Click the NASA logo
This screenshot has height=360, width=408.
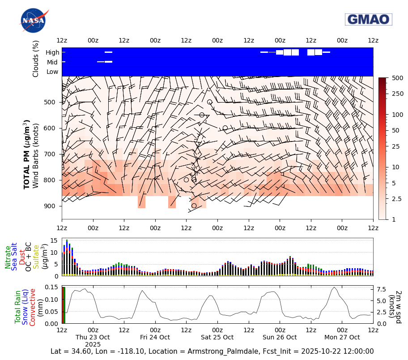(x=34, y=20)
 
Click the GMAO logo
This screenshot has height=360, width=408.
(x=368, y=19)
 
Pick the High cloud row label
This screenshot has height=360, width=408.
(x=52, y=52)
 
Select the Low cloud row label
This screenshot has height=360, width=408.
(x=52, y=72)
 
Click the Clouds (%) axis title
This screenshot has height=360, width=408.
(x=36, y=59)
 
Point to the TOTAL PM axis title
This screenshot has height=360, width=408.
(x=27, y=154)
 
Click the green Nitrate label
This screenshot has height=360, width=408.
(x=8, y=257)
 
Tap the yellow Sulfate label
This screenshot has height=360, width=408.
(x=36, y=257)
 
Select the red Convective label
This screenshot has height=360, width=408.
(x=33, y=304)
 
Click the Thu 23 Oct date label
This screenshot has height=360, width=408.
(x=93, y=337)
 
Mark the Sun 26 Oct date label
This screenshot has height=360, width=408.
(x=280, y=337)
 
